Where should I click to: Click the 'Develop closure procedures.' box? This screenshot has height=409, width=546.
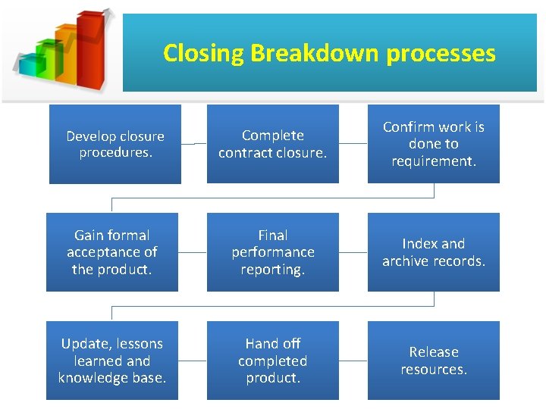tap(115, 144)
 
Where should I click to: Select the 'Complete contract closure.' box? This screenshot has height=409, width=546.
tap(272, 144)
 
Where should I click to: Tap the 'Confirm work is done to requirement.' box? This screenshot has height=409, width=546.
tap(434, 144)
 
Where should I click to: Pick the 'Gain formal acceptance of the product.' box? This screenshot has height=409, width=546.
tap(112, 252)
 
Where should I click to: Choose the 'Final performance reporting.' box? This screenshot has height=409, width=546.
tap(272, 252)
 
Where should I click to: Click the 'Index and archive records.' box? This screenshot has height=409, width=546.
tap(434, 252)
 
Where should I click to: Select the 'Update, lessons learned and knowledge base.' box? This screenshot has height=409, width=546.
tap(112, 361)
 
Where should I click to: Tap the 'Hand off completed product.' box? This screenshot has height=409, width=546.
tap(272, 361)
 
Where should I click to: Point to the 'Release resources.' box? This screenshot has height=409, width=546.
tap(434, 361)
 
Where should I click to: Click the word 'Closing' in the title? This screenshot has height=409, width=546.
tap(203, 54)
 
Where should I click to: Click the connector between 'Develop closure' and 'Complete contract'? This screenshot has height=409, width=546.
tap(194, 144)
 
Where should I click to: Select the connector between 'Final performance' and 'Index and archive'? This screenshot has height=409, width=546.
tap(352, 252)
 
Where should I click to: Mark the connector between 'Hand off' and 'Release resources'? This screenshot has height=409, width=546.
tap(352, 361)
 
